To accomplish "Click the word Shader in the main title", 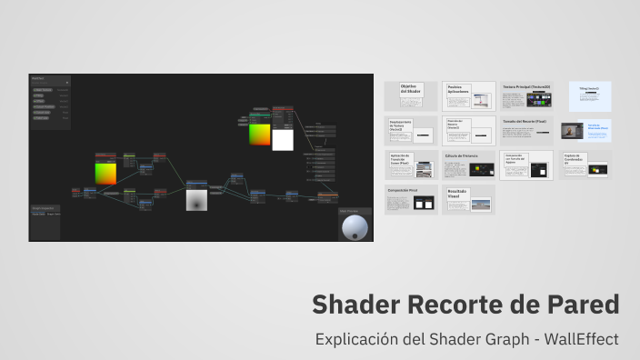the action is [x=355, y=305].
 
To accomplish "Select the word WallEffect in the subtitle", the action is [x=582, y=339].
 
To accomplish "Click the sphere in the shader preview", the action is [x=355, y=227].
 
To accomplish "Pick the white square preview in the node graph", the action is [x=283, y=137].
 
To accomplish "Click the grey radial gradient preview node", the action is [x=197, y=199].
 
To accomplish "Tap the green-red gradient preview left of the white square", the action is [x=259, y=134].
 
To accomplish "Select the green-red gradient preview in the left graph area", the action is [x=105, y=174].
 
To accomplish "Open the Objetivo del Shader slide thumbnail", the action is [x=411, y=95].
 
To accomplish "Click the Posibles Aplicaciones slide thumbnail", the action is [x=468, y=95].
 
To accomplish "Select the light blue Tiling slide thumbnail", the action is [x=589, y=95].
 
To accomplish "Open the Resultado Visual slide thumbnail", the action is [x=468, y=200].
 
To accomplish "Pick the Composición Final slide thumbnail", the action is [x=411, y=200].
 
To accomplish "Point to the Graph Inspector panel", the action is [x=45, y=222].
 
